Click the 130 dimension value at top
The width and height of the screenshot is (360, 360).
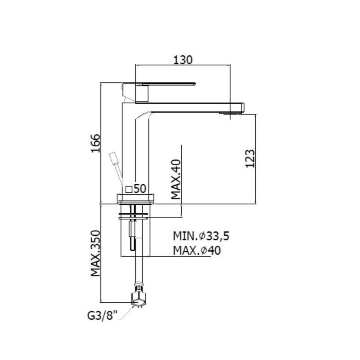click(x=183, y=60)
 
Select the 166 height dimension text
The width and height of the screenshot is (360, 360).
click(x=96, y=143)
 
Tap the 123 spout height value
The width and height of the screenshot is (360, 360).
click(x=250, y=159)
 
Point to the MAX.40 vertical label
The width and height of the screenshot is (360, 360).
click(x=176, y=179)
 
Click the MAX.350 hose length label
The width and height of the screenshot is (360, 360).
click(x=96, y=253)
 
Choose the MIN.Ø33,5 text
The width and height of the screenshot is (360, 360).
click(x=201, y=236)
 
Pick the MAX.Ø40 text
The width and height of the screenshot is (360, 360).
click(x=197, y=250)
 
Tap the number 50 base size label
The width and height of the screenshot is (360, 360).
click(x=140, y=189)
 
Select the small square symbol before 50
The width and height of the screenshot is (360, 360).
click(x=129, y=189)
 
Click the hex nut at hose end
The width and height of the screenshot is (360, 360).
click(x=139, y=298)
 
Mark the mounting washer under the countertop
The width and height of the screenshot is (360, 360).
click(x=133, y=216)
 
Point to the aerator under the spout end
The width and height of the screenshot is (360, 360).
click(x=230, y=113)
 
